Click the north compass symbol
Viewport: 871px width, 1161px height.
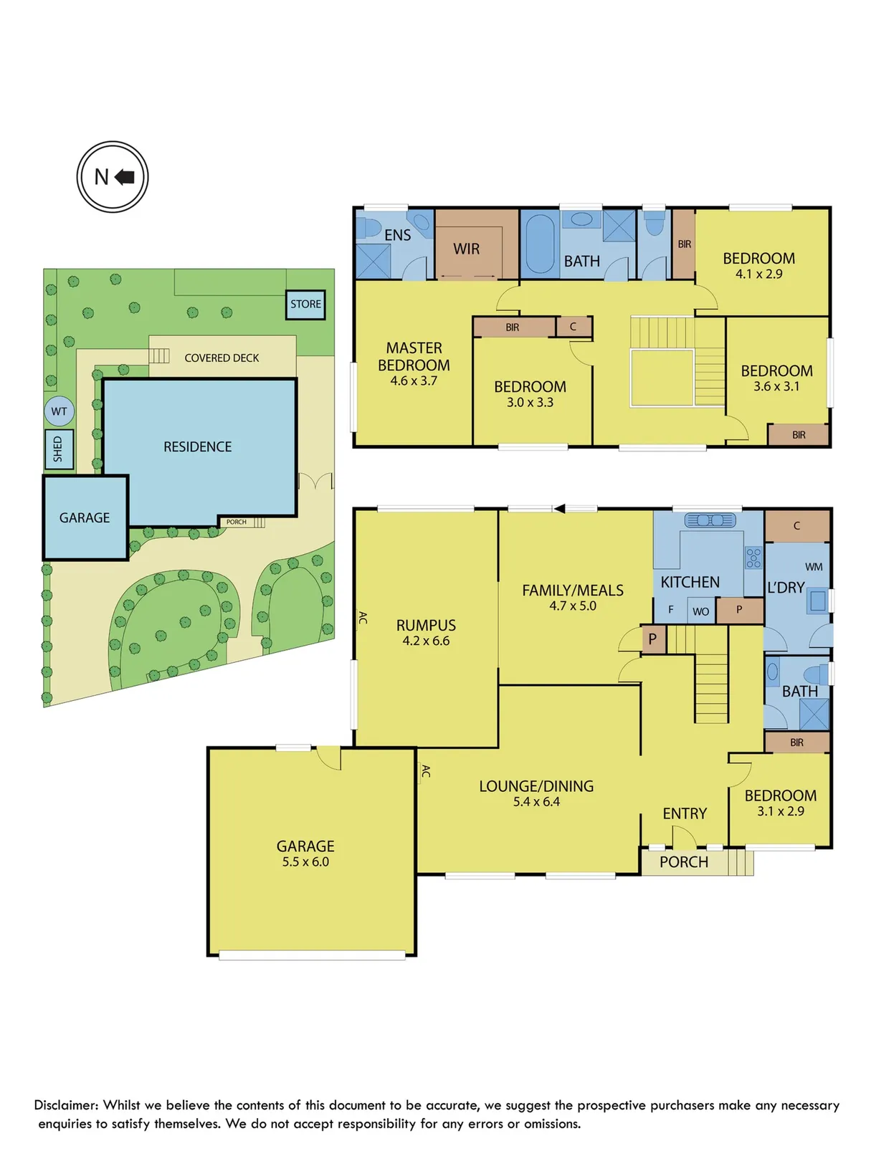[x=113, y=176]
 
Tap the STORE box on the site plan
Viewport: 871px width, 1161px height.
[x=305, y=304]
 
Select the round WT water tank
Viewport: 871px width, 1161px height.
[x=59, y=411]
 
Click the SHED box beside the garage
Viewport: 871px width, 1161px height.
[x=59, y=449]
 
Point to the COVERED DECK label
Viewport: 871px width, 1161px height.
[x=222, y=358]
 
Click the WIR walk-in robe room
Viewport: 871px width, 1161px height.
[x=467, y=249]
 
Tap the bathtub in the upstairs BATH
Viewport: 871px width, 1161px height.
[x=540, y=244]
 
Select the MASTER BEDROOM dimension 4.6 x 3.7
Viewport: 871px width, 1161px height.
[x=414, y=381]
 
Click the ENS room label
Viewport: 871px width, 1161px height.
[x=398, y=235]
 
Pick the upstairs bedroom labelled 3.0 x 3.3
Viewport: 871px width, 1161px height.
[x=530, y=394]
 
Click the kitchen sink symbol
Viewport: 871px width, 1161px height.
[x=710, y=520]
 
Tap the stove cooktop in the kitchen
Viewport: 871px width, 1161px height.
[x=753, y=558]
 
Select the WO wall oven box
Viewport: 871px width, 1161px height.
[x=701, y=611]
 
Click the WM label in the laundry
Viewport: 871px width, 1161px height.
[x=814, y=567]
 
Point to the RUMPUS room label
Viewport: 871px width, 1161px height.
[x=426, y=625]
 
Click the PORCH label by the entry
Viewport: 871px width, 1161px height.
[x=683, y=862]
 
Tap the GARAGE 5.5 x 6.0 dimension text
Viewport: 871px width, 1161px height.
[x=305, y=862]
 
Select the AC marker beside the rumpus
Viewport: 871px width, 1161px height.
[x=363, y=618]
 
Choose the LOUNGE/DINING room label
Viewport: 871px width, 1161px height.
[x=536, y=786]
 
